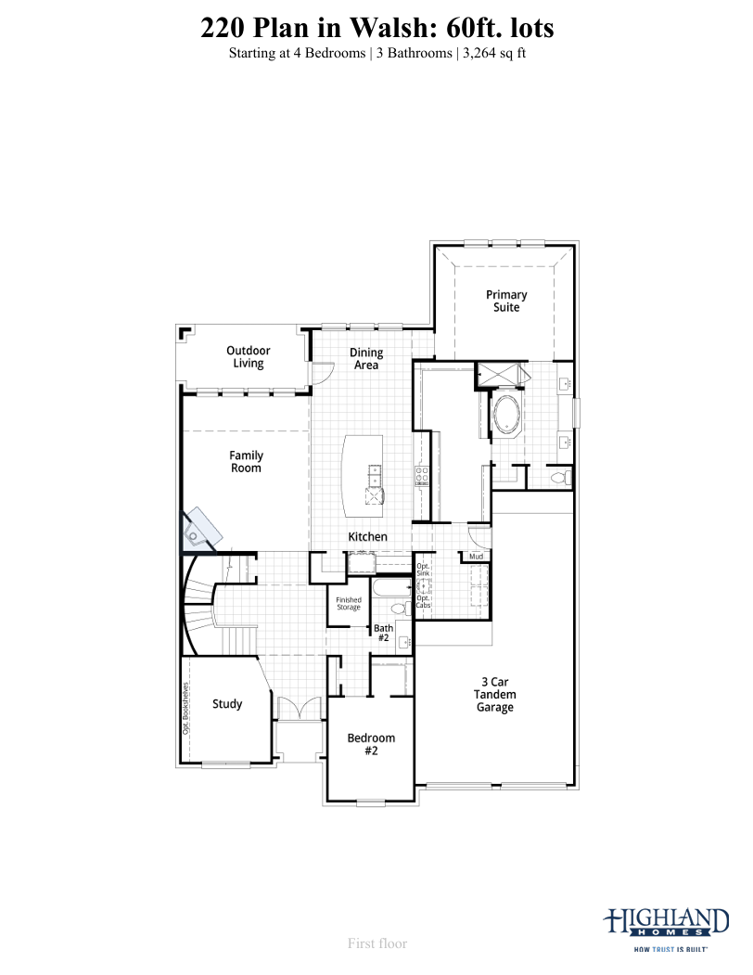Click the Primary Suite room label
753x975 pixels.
[x=506, y=301]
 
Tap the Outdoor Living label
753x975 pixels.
[x=249, y=357]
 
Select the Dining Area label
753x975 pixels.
[x=366, y=359]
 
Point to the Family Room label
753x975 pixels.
[x=247, y=462]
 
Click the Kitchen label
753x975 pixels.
[x=367, y=536]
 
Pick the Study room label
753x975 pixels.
[x=227, y=704]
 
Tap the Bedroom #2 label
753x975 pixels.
[x=371, y=744]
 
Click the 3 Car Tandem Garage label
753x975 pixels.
[x=495, y=695]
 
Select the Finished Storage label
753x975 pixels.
[x=349, y=604]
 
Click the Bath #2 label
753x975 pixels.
[x=383, y=633]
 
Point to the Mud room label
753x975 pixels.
[x=477, y=557]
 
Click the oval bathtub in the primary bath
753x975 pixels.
[x=508, y=416]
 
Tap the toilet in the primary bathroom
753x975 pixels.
[x=562, y=478]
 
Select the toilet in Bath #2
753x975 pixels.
[x=399, y=608]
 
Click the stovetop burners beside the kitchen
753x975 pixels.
[x=422, y=476]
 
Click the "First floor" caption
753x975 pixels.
[x=377, y=943]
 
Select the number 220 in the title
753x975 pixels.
[x=223, y=28]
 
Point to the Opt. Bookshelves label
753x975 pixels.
[x=185, y=708]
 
